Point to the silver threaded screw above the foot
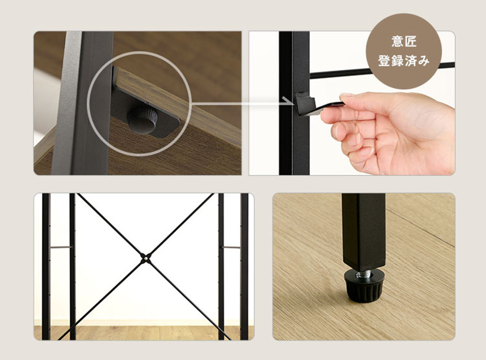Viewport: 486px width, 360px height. (364, 274)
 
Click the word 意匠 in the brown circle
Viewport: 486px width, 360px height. (404, 41)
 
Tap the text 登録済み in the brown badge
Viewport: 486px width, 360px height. (404, 60)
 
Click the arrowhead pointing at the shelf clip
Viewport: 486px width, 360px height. (288, 101)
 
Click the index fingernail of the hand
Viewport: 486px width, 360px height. (326, 116)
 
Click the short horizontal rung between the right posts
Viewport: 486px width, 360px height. (231, 247)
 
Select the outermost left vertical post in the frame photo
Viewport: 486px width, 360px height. (46, 266)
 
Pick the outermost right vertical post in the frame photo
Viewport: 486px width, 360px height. (244, 266)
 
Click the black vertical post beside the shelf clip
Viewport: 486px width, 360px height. (294, 103)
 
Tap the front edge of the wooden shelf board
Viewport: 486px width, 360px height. (177, 107)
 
